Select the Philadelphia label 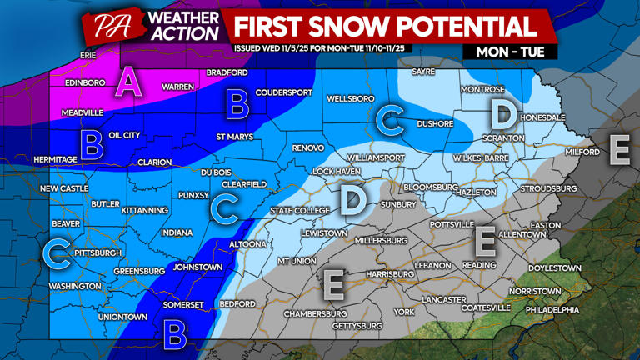tap(552, 309)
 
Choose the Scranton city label tap(502, 137)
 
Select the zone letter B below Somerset tap(174, 335)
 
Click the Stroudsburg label tap(548, 189)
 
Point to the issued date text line tap(332, 48)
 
